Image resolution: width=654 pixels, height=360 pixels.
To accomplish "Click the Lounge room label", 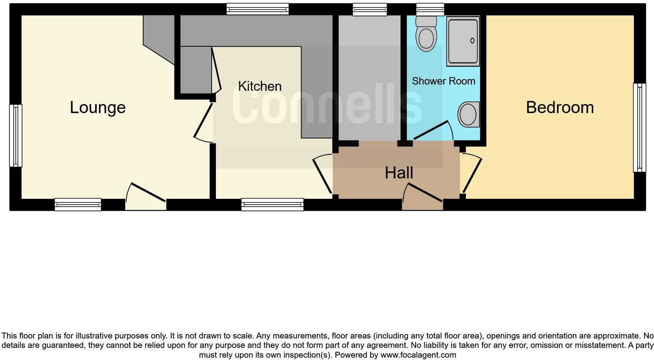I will click(98, 108).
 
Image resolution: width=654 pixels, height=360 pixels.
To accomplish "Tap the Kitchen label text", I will click(260, 86).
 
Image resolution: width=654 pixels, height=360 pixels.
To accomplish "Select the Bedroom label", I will click(559, 108).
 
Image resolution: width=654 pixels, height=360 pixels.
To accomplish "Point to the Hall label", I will click(399, 173).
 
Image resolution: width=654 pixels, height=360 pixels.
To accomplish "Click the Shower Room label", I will click(444, 81).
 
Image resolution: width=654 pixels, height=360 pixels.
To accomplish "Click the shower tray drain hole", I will click(472, 41).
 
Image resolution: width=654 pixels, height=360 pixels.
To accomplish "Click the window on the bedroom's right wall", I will click(639, 128).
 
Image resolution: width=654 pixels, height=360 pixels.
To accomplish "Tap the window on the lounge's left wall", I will click(16, 135).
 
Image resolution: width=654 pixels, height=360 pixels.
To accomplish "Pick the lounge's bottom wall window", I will click(78, 204).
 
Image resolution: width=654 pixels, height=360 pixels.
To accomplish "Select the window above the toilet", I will click(430, 9).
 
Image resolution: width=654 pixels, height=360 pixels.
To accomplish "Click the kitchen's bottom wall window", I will click(272, 204).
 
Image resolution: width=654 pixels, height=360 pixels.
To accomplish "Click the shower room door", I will click(432, 131).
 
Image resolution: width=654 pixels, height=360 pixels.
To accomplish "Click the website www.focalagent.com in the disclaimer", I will click(418, 355).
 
